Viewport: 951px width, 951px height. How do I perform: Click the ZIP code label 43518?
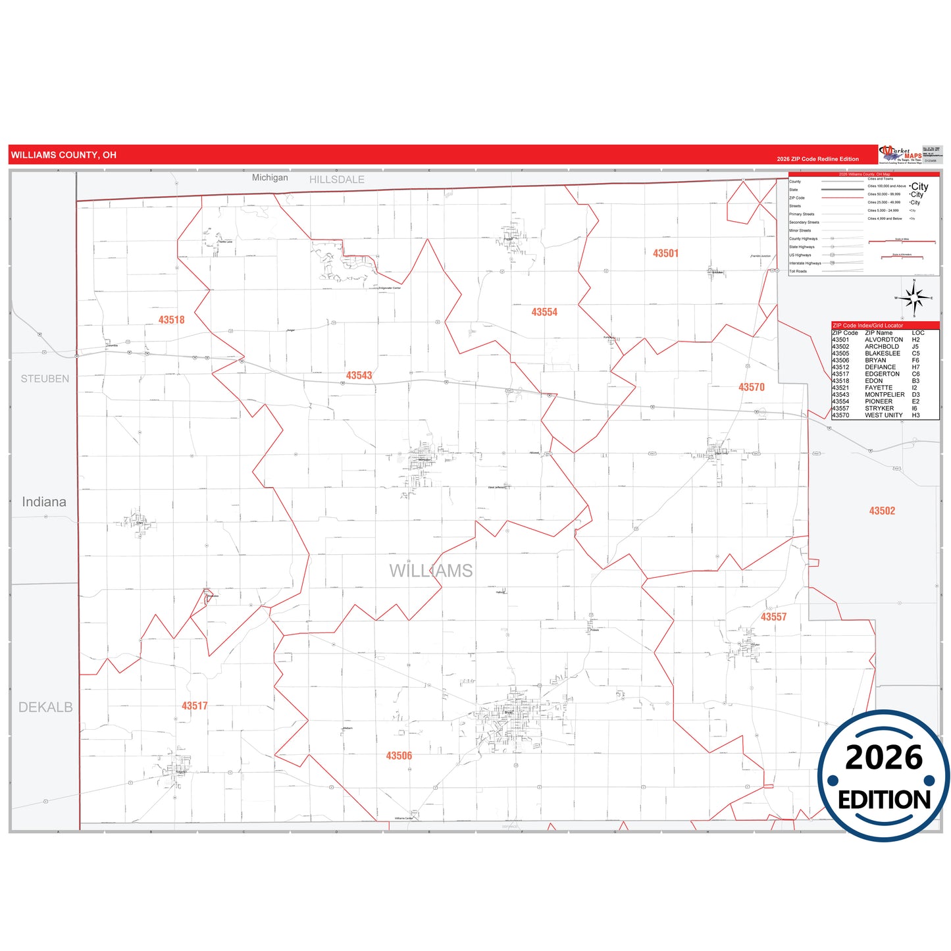point(171,320)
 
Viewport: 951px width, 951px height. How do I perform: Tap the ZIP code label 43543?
point(359,376)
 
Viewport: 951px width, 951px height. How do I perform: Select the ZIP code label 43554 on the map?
point(544,313)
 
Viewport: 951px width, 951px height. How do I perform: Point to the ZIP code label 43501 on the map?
point(665,253)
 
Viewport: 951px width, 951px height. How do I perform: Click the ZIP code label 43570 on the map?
point(752,388)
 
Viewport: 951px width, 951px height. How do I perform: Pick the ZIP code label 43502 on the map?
point(882,511)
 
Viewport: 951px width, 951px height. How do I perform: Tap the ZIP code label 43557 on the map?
point(773,617)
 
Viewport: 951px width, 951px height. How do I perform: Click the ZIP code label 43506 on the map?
point(399,756)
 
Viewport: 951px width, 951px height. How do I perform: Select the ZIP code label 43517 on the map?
point(194,706)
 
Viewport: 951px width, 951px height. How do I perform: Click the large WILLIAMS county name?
point(430,571)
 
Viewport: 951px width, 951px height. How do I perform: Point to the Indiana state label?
point(44,502)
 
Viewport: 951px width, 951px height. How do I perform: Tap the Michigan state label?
point(270,178)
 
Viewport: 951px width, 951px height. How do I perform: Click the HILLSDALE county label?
point(336,180)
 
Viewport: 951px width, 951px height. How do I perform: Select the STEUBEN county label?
point(45,379)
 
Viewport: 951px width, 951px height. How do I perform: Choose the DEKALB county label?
point(45,707)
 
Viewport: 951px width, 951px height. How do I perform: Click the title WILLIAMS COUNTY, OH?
point(63,155)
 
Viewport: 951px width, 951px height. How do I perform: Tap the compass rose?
point(913,299)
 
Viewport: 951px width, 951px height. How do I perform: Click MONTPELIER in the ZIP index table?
point(885,395)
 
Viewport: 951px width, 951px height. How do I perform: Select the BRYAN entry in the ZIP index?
point(875,361)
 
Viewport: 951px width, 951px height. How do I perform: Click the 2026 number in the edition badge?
point(883,758)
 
